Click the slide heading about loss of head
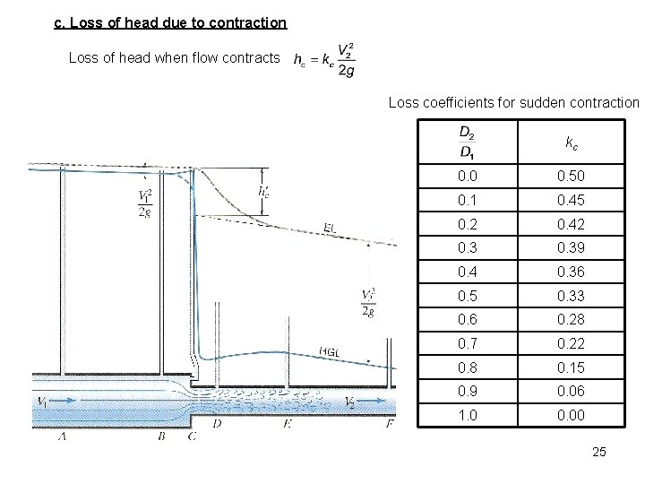click(170, 22)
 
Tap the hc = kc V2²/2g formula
click(324, 59)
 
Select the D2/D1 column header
click(467, 143)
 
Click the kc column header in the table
click(571, 143)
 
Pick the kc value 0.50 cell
click(571, 177)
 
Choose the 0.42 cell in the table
click(571, 224)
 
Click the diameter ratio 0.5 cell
click(467, 296)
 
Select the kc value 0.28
click(571, 320)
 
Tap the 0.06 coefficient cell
click(571, 391)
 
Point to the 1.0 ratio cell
click(467, 415)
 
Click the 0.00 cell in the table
click(571, 415)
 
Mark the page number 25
click(599, 453)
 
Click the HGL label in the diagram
click(328, 351)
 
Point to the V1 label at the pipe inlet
click(42, 402)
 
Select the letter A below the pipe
click(62, 436)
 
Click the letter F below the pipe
click(390, 425)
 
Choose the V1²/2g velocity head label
click(145, 203)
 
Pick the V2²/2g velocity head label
click(367, 302)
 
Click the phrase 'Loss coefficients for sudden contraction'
click(513, 103)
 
